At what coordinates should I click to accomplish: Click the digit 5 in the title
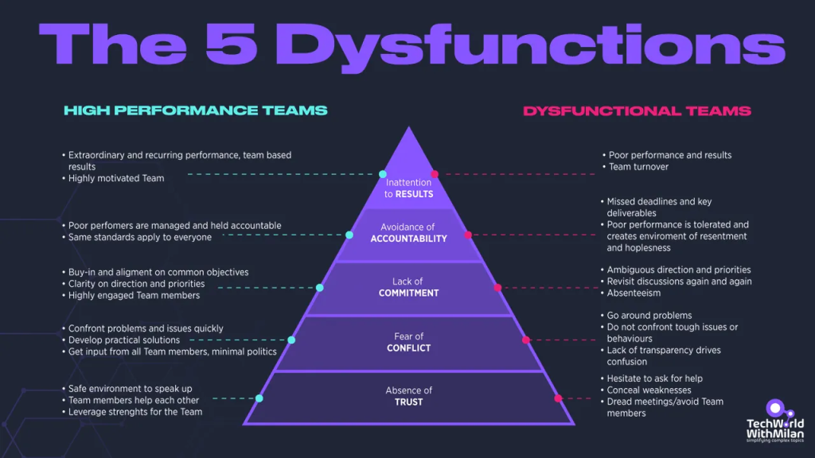coord(232,45)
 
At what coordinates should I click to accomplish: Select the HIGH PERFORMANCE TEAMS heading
coord(196,110)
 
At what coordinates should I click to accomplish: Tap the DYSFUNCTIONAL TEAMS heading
coord(637,111)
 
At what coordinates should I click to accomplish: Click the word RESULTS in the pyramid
coord(414,194)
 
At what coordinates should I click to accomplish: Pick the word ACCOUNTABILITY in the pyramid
coord(408,239)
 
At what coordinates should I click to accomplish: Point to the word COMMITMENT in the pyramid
coord(408,293)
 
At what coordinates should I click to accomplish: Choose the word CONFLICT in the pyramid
coord(408,348)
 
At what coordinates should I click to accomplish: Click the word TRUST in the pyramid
coord(408,402)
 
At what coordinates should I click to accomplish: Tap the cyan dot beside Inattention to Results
coord(383,174)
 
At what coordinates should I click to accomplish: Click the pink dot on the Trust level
coord(558,398)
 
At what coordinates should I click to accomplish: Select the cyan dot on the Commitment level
coord(320,288)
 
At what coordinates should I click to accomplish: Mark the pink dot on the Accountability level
coord(468,235)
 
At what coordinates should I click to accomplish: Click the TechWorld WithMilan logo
coord(775,421)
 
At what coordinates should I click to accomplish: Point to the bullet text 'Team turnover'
coord(638,167)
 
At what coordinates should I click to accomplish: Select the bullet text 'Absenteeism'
coord(634,293)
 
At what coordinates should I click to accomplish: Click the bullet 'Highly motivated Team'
coord(116,178)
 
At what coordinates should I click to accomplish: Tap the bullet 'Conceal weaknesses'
coord(649,390)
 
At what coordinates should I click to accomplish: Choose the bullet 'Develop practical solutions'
coord(123,340)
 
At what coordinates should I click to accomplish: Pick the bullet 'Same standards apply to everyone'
coord(140,237)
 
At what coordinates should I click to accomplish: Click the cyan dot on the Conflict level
coord(291,340)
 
